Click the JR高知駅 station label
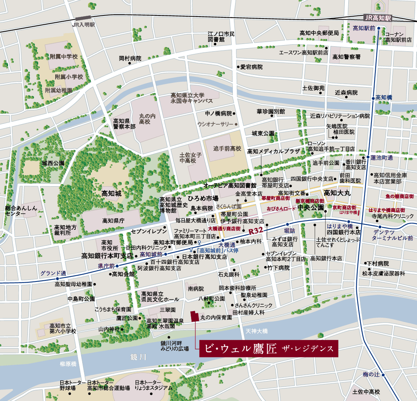point(378,18)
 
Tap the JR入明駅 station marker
point(83,19)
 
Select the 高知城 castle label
point(111,194)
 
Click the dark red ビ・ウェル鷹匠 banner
point(268,349)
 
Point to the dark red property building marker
point(194,315)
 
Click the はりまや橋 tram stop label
point(339,226)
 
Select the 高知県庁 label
point(113,221)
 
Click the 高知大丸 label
point(338,192)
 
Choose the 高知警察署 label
point(346,57)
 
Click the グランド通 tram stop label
point(53,273)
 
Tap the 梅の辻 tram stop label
point(371,374)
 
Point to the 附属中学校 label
point(64,57)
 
